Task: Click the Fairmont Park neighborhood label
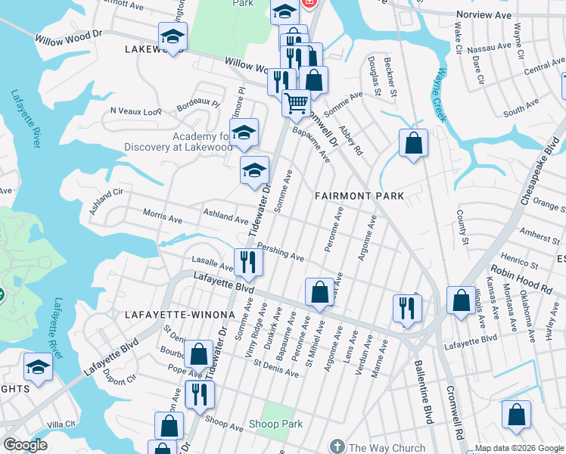359,196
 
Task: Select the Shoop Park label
276,424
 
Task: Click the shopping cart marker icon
296,102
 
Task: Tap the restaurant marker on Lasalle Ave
248,263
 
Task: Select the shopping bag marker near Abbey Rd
413,143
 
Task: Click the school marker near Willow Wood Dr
173,36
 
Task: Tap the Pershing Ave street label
280,251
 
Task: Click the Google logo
26,445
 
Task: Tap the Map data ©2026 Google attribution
518,449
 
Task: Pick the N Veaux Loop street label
136,111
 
